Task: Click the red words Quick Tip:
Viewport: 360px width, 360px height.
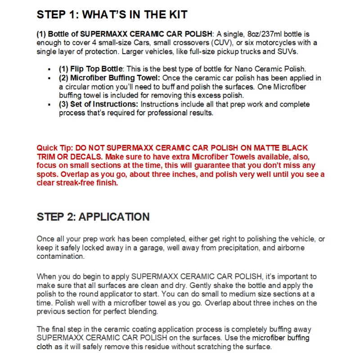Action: point(55,148)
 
